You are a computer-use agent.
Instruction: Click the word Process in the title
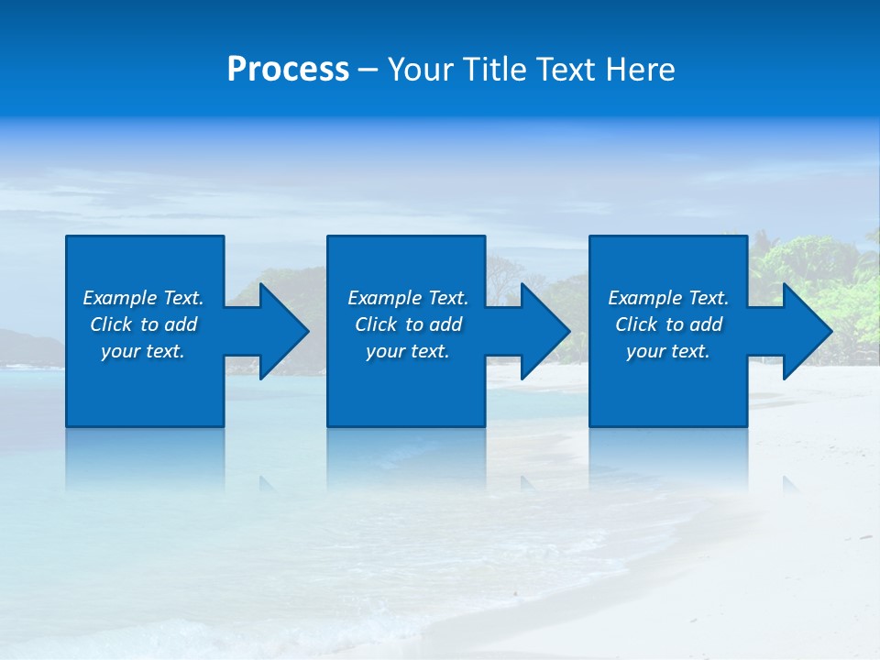[x=288, y=70]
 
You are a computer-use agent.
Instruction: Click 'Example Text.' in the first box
[x=143, y=298]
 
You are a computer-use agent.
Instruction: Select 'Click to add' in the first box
[x=143, y=324]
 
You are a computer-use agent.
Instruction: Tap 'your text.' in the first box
[x=143, y=351]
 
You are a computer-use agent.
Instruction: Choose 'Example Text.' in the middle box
[x=407, y=298]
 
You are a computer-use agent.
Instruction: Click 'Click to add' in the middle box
[x=407, y=324]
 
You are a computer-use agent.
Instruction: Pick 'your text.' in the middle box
[x=407, y=351]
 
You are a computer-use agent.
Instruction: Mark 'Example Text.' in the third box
[x=668, y=298]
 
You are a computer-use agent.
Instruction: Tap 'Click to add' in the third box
[x=668, y=324]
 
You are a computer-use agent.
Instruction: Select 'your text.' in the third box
[x=668, y=351]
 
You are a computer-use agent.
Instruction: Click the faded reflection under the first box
[x=145, y=458]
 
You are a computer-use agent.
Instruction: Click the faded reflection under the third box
[x=668, y=458]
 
